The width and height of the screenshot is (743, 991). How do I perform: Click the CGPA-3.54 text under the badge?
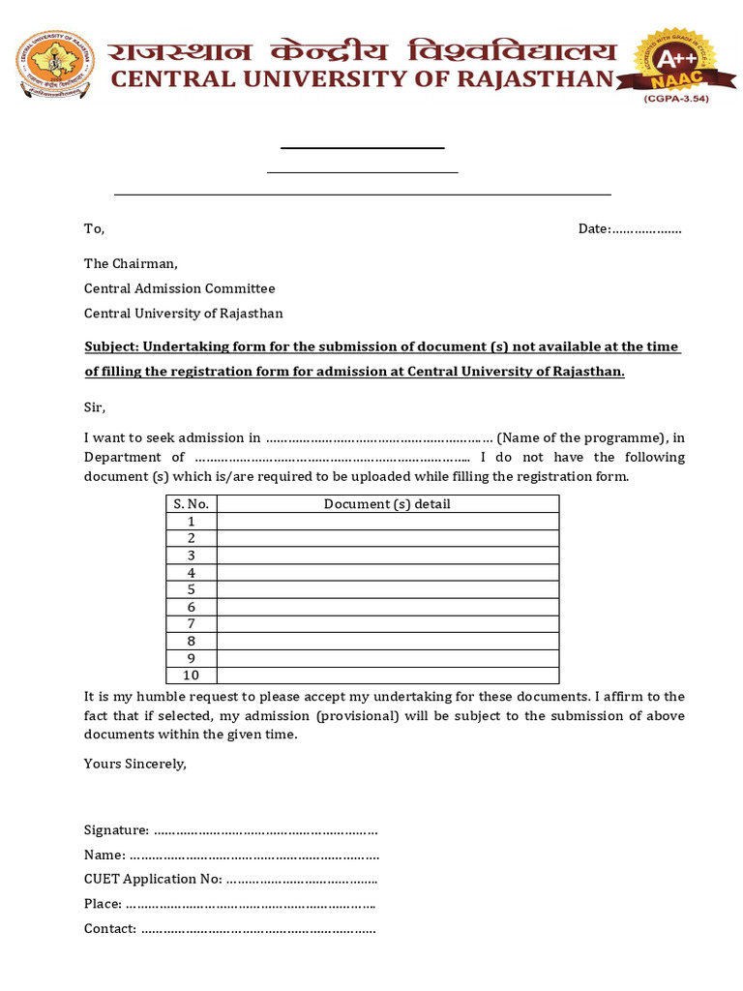click(x=676, y=99)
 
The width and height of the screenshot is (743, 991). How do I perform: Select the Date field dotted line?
click(x=646, y=229)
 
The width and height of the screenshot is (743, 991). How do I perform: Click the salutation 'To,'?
click(x=94, y=229)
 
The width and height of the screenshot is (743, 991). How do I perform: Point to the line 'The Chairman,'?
click(x=131, y=263)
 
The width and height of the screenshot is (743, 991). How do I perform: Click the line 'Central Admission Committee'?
click(x=179, y=288)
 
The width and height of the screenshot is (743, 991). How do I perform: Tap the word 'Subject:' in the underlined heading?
click(x=112, y=347)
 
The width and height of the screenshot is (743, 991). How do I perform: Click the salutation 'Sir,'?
click(x=95, y=407)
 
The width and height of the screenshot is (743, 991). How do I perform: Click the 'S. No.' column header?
click(x=192, y=504)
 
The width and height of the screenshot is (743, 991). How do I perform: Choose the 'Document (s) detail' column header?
click(x=387, y=504)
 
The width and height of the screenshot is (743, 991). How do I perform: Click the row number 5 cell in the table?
click(x=192, y=589)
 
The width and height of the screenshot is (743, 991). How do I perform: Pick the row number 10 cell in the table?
click(x=192, y=676)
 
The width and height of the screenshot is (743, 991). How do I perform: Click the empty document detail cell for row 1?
click(x=387, y=522)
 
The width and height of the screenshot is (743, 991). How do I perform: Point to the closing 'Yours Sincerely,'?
click(x=134, y=764)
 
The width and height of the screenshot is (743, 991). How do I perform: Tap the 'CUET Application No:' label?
click(x=153, y=880)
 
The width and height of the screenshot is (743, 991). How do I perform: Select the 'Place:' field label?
click(x=103, y=904)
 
